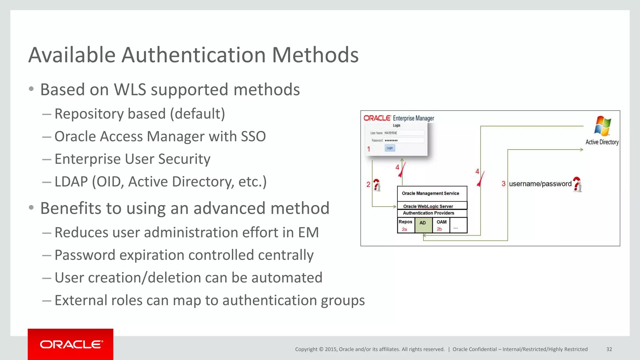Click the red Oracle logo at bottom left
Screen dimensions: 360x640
71,344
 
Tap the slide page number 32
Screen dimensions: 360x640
609,349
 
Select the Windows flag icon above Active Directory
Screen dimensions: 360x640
602,126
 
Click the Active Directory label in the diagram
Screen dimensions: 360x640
602,142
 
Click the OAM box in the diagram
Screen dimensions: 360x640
441,225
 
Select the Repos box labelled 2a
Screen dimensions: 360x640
405,225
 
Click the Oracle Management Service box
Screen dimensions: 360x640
430,193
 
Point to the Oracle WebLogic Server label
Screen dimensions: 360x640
428,206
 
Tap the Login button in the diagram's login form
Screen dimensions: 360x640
390,148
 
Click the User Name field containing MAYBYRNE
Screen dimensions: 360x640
403,133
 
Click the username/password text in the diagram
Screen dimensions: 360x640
540,184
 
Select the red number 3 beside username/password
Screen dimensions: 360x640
503,184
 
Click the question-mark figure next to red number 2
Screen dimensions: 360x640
377,185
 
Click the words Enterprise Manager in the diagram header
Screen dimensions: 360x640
413,118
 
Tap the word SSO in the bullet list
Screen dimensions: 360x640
253,137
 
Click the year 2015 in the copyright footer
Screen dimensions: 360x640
331,349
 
